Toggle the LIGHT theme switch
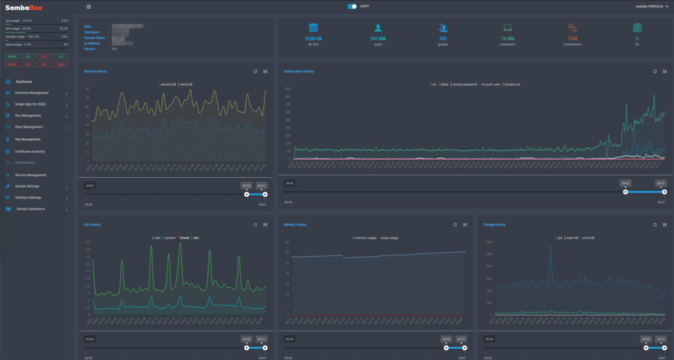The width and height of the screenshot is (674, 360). click(353, 7)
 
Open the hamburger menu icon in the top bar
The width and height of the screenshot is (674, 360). click(89, 7)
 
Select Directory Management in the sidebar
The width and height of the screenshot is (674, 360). click(32, 93)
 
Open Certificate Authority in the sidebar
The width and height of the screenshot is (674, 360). click(30, 151)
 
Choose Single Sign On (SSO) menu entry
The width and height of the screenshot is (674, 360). click(30, 104)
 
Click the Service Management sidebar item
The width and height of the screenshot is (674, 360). click(30, 175)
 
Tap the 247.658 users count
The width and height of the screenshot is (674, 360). click(378, 39)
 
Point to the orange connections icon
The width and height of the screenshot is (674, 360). click(572, 28)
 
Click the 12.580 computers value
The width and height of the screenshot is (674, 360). click(507, 39)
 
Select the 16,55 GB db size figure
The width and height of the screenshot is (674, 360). click(313, 39)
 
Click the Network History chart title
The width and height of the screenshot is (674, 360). click(95, 70)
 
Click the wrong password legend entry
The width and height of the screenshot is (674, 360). click(462, 84)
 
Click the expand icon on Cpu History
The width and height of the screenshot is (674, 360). click(265, 224)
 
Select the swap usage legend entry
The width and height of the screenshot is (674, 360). click(389, 238)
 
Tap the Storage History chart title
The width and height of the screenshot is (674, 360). click(494, 224)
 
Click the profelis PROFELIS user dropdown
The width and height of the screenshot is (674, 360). click(648, 7)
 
